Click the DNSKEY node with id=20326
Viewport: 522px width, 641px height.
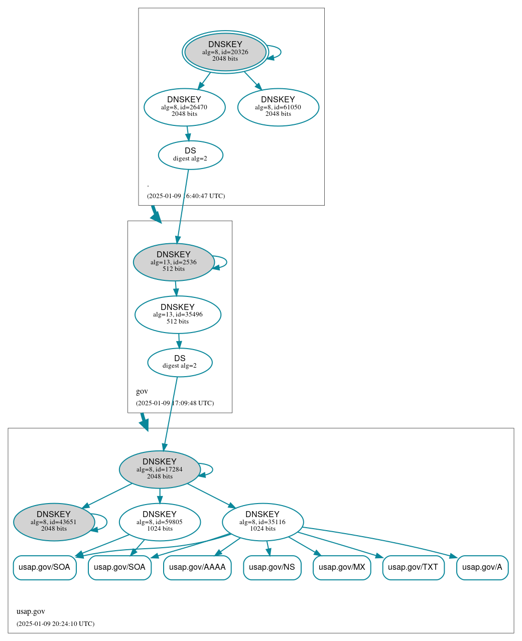click(225, 52)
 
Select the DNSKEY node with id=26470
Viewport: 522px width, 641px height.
click(184, 107)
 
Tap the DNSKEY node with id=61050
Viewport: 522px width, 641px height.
click(278, 107)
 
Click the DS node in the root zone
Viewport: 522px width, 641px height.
click(190, 154)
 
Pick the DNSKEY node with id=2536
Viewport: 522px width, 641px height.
click(174, 262)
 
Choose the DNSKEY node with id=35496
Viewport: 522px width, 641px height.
click(178, 314)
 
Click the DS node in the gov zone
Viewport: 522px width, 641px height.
click(180, 362)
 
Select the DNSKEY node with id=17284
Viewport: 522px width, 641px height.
click(160, 469)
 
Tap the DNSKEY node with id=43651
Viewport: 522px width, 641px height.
click(54, 522)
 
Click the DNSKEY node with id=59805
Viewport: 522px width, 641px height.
click(160, 522)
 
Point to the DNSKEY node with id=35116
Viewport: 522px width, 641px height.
click(263, 522)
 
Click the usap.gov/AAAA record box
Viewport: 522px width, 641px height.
click(197, 567)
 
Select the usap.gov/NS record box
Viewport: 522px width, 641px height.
click(272, 567)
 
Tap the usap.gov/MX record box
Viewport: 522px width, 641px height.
click(342, 567)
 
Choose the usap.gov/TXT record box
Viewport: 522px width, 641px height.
click(413, 567)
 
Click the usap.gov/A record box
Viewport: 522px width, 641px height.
click(482, 567)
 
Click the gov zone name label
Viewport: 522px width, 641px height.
click(142, 391)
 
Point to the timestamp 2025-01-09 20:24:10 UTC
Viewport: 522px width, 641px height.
click(55, 624)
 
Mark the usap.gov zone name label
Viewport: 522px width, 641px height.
click(31, 611)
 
